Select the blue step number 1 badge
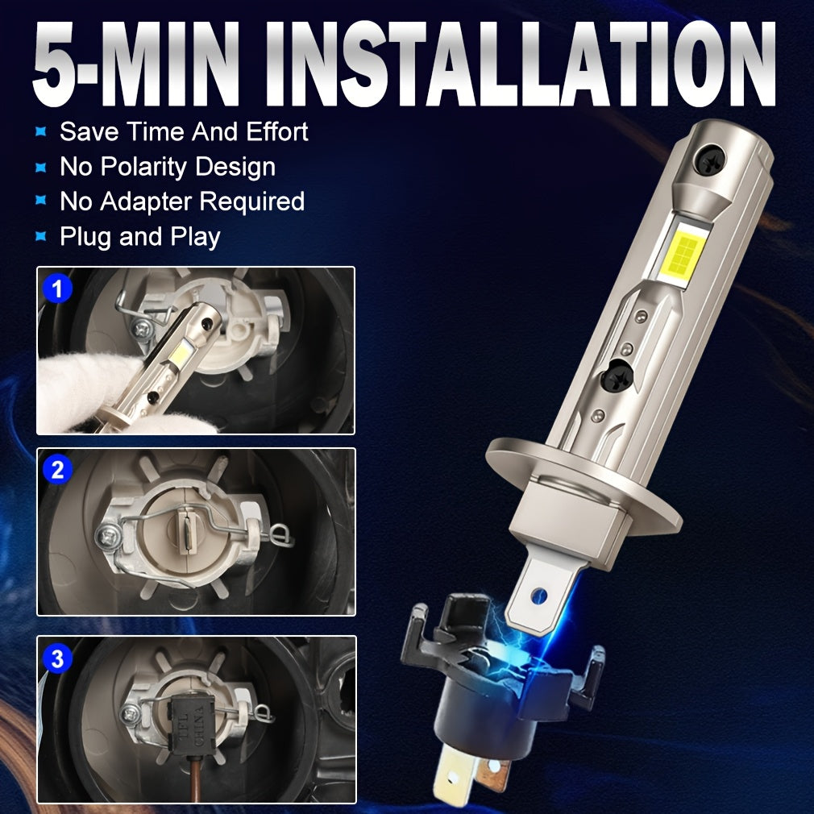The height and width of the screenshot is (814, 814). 57,289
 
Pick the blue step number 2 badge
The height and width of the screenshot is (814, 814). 57,469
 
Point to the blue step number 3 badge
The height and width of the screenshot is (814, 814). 57,658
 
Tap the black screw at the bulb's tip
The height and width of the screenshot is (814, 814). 710,158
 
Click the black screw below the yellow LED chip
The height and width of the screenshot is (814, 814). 617,375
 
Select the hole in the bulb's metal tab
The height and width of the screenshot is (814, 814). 540,595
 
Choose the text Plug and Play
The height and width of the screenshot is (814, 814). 139,237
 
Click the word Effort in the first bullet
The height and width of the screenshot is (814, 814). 276,131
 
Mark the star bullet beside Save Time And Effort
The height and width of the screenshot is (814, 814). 41,132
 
